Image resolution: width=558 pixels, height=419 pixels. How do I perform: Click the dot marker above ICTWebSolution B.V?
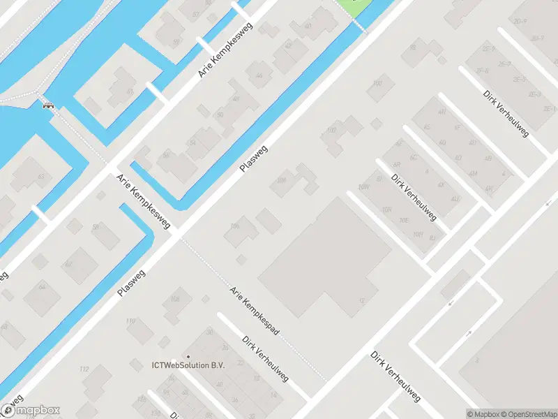coord(187,356)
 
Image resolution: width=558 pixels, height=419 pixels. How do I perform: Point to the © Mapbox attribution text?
coord(482,414)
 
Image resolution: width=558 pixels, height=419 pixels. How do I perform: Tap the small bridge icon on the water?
coord(47,106)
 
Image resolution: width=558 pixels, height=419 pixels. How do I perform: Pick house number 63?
coord(40,177)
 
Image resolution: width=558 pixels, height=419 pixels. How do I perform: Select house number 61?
coord(130,91)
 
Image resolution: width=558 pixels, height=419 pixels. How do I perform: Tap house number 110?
coord(130,321)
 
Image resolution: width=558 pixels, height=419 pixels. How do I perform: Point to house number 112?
coord(84,369)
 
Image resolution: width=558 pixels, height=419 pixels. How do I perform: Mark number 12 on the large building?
coord(361,300)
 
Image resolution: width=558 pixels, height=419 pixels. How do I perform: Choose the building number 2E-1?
coord(549,110)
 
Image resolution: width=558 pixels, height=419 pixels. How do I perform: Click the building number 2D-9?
coord(520,22)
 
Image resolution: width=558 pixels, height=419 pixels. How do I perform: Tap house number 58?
coord(165,154)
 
